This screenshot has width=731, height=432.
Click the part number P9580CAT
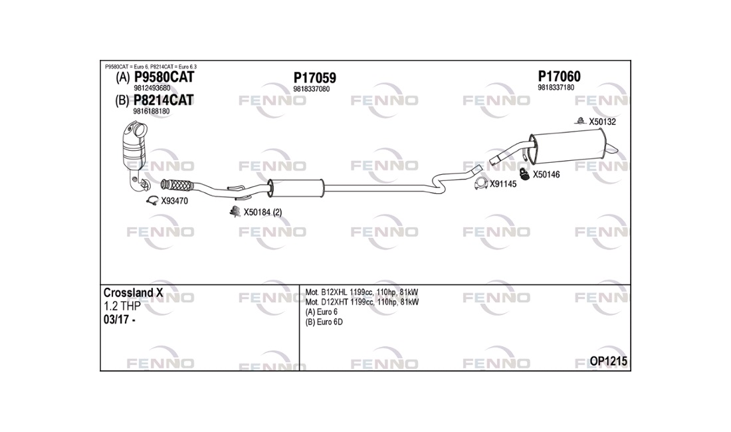[x=163, y=77]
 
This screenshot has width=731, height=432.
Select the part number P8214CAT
[x=163, y=100]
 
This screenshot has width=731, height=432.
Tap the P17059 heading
[x=315, y=78]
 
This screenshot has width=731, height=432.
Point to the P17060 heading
[x=559, y=76]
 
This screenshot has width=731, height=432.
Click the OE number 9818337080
[x=312, y=89]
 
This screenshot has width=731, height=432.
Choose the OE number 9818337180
[x=556, y=88]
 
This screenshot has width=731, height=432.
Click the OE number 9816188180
[x=151, y=112]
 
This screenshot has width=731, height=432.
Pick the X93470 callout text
[x=174, y=201]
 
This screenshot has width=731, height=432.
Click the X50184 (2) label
[x=262, y=213]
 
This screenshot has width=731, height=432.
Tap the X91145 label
[x=503, y=184]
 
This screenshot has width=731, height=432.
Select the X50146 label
[x=546, y=175]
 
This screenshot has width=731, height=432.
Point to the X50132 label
[x=602, y=122]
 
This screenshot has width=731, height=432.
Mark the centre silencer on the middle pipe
[x=296, y=187]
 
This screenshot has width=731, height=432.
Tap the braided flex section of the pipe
[x=177, y=185]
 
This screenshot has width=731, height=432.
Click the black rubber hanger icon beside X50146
[x=524, y=174]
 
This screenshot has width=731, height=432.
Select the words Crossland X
[x=133, y=292]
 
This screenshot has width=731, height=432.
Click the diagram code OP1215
[x=608, y=361]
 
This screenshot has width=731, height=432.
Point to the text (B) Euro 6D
[x=324, y=322]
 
